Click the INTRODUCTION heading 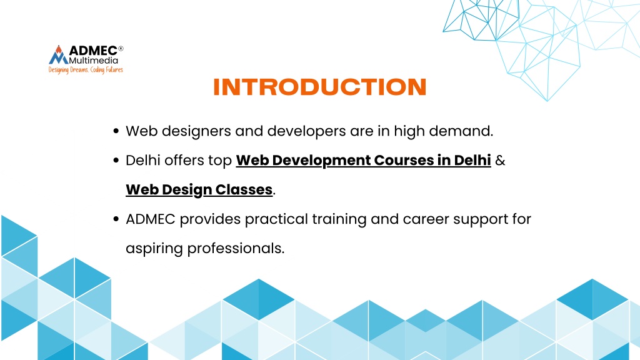point(320,87)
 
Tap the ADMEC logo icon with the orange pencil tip point(59,55)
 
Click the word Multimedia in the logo point(94,61)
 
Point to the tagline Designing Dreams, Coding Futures point(86,70)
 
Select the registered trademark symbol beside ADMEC point(121,48)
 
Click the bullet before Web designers point(116,131)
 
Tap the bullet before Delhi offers point(116,161)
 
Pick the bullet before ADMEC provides point(116,219)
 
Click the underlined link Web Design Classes point(199,190)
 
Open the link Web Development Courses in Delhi point(363,161)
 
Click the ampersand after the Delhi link point(500,161)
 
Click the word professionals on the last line point(236,249)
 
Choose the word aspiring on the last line point(154,249)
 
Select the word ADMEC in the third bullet point(151,219)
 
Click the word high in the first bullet point(409,132)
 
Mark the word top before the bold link point(220,161)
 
